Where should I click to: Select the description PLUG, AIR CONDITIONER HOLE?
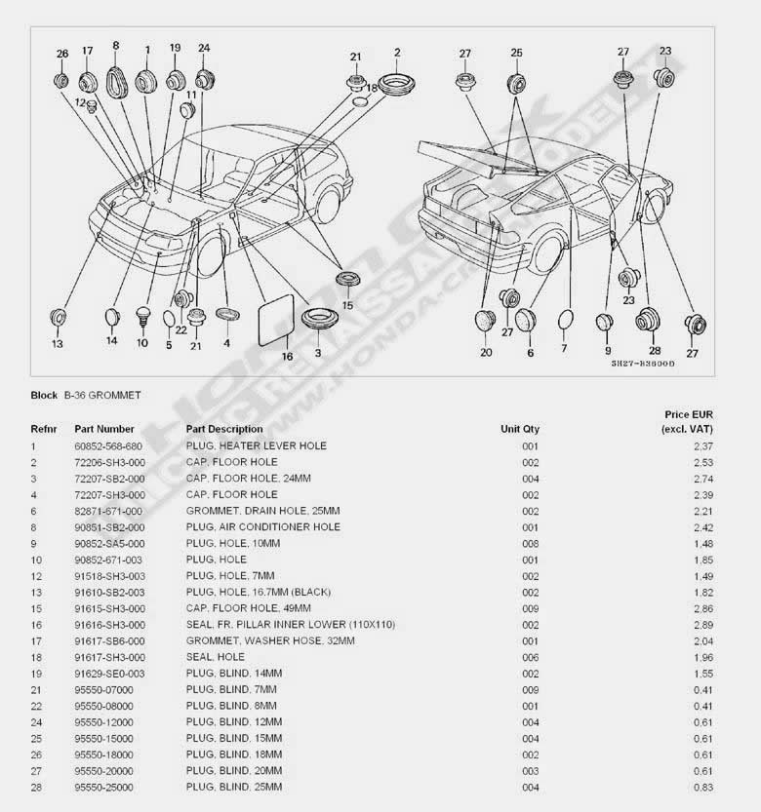[x=263, y=526]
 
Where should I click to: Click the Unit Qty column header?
[x=519, y=429]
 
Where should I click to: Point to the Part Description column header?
[x=224, y=429]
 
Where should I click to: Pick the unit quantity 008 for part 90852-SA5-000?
[x=530, y=543]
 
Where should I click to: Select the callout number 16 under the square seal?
[x=287, y=357]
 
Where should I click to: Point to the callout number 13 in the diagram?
[x=57, y=344]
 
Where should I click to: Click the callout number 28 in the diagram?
[x=654, y=350]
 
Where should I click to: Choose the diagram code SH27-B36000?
[x=643, y=363]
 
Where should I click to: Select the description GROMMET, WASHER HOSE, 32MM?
[x=270, y=640]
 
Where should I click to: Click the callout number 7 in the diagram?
[x=563, y=348]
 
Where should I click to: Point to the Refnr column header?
[x=44, y=429]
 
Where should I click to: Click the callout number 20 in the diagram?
[x=486, y=353]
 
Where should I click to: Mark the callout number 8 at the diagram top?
[x=116, y=45]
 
